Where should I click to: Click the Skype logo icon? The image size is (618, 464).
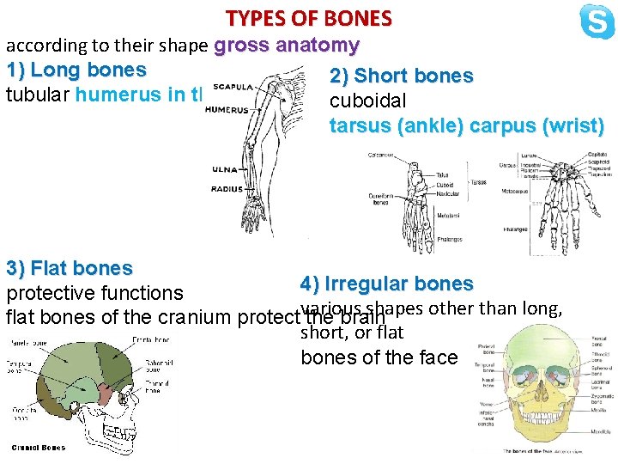pos(597,21)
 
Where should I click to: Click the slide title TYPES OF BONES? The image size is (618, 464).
pos(308,18)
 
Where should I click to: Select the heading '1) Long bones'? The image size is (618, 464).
pos(76,69)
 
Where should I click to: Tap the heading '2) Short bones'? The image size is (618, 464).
pos(401,76)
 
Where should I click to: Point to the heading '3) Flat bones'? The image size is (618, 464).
pos(69,269)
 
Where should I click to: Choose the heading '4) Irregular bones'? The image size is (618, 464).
pos(386,284)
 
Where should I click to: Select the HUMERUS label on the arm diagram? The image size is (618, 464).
pos(227,110)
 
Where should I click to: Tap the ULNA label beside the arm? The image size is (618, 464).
pos(225,169)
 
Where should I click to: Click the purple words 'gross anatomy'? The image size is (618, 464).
pos(287,46)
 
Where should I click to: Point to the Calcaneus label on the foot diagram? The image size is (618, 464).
pos(380,156)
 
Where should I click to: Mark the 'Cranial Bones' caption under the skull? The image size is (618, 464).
pos(39,447)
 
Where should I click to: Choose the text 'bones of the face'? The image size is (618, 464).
pos(379,357)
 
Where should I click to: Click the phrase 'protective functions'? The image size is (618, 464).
pos(94,294)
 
